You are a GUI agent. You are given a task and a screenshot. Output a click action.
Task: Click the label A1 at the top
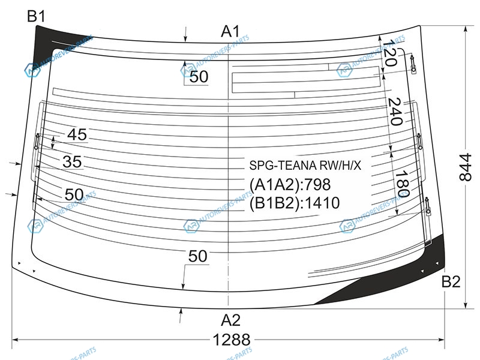[x=230, y=30]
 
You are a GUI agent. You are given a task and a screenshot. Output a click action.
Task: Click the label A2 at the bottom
[x=230, y=319]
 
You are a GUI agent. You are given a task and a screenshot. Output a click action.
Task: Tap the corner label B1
[x=37, y=17]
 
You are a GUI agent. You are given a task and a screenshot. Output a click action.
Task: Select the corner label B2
[x=451, y=281]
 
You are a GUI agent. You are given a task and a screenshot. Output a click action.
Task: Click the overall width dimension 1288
[x=231, y=340]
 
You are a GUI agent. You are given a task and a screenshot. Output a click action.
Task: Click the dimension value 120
[x=391, y=54]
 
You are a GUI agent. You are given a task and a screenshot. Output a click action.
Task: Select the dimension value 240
[x=394, y=112]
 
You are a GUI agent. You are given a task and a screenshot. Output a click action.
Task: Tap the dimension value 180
[x=401, y=184]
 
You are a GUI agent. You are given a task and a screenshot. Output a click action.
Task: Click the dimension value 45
[x=77, y=135]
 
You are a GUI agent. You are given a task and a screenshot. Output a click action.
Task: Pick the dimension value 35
[x=72, y=162]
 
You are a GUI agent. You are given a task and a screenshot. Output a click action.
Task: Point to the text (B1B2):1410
[x=294, y=203]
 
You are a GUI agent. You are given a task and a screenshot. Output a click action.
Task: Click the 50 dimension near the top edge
[x=199, y=77]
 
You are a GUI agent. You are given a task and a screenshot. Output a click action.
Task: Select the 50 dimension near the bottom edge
[x=197, y=256]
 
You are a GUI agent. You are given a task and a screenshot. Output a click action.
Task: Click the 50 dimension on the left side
[x=73, y=194]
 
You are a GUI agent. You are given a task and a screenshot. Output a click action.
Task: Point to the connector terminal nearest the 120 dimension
[x=413, y=62]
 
